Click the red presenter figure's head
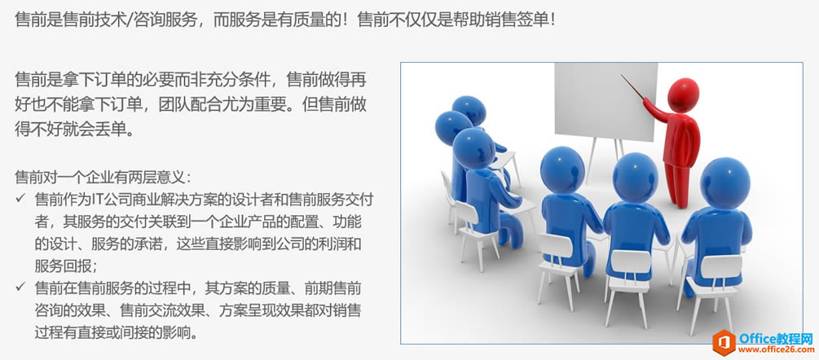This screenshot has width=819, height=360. click(683, 94)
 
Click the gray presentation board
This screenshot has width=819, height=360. click(605, 102)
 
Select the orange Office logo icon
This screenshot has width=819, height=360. click(724, 342)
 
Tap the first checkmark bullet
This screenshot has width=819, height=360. click(20, 199)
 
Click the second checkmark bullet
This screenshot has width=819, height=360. click(20, 287)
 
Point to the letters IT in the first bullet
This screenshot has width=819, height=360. click(98, 200)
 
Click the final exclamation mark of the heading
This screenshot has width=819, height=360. click(553, 20)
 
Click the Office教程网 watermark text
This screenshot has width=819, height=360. click(777, 337)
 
